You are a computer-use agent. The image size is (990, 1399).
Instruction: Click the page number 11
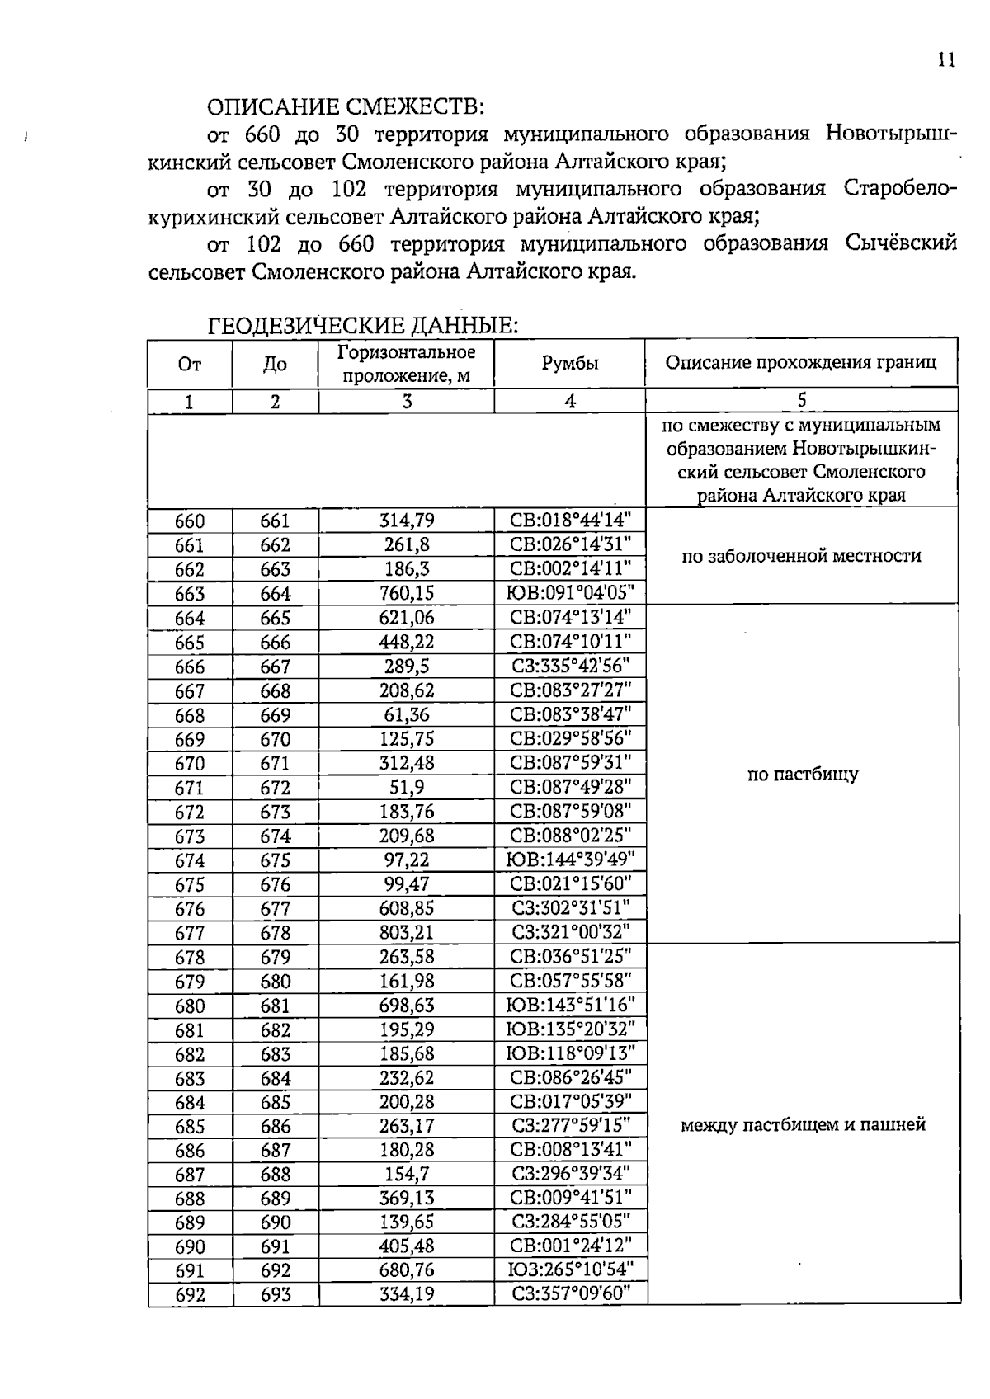[x=945, y=60]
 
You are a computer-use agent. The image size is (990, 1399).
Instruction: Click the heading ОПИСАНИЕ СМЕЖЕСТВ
[x=345, y=107]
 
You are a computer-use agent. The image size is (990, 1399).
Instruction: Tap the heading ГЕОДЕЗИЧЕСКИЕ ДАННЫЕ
[x=362, y=325]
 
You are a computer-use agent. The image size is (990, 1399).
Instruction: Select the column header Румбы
[x=570, y=363]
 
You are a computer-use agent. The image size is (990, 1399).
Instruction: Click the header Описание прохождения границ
[x=801, y=363]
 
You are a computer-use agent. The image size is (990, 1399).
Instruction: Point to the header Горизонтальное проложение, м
[x=406, y=364]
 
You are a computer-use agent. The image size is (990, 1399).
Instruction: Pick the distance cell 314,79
[x=406, y=521]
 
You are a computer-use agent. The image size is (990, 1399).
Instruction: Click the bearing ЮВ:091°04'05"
[x=570, y=593]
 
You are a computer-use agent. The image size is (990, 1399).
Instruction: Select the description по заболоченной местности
[x=801, y=556]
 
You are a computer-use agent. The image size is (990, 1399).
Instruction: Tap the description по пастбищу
[x=802, y=774]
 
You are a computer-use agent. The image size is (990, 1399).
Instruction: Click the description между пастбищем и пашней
[x=802, y=1124]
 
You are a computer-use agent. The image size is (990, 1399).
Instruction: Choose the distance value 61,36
[x=406, y=714]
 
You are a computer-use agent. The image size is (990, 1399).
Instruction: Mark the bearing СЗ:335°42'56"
[x=570, y=666]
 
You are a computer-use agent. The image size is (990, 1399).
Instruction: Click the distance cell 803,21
[x=406, y=932]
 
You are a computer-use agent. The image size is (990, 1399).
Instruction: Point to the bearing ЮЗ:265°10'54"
[x=570, y=1269]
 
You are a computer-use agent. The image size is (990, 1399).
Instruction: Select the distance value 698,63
[x=406, y=1005]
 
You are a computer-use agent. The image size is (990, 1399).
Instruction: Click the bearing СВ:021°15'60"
[x=570, y=883]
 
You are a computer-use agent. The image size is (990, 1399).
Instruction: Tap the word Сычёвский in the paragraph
[x=901, y=244]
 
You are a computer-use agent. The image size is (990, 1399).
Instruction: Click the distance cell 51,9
[x=406, y=787]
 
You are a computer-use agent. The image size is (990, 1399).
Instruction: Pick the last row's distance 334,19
[x=406, y=1293]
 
